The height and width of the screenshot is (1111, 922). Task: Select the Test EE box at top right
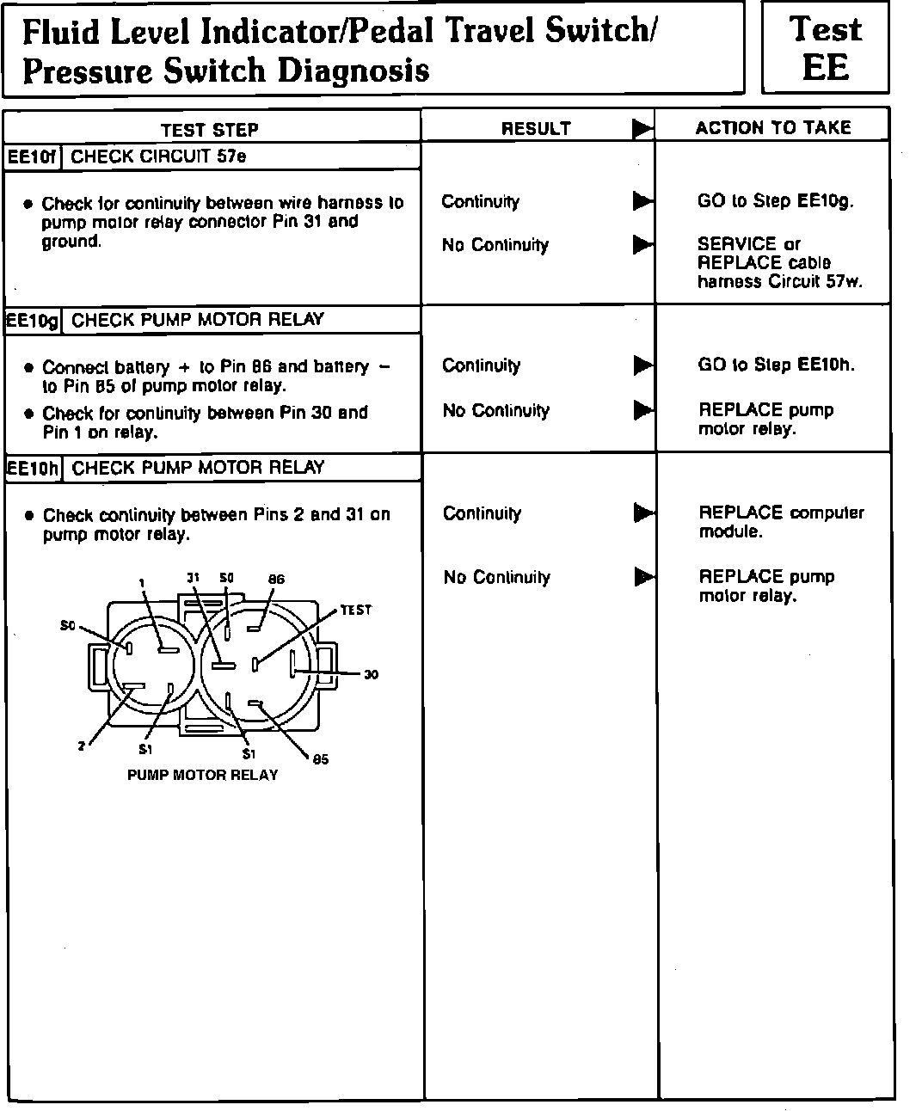pyautogui.click(x=825, y=48)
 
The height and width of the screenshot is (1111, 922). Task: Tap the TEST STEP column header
pyautogui.click(x=209, y=130)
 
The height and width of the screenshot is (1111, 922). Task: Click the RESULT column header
pyautogui.click(x=536, y=129)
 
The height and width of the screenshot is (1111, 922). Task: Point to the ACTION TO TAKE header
pyautogui.click(x=773, y=128)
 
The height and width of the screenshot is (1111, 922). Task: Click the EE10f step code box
pyautogui.click(x=33, y=157)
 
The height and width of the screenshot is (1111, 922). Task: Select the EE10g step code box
pyautogui.click(x=33, y=321)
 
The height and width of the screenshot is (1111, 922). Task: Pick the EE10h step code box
pyautogui.click(x=33, y=469)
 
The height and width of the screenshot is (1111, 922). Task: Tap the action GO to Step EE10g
pyautogui.click(x=776, y=201)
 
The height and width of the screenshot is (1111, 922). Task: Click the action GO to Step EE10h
pyautogui.click(x=777, y=365)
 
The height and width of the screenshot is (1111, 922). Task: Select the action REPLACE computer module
pyautogui.click(x=781, y=522)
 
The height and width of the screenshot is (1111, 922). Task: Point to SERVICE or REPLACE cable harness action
pyautogui.click(x=779, y=262)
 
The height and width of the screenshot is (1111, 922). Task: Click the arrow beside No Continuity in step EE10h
pyautogui.click(x=642, y=577)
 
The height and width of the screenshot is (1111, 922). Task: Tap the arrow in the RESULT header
pyautogui.click(x=642, y=129)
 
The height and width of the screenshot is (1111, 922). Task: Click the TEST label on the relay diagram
pyautogui.click(x=355, y=610)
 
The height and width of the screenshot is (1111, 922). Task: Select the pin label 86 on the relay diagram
pyautogui.click(x=276, y=580)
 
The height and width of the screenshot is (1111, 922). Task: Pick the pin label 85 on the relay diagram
pyautogui.click(x=320, y=759)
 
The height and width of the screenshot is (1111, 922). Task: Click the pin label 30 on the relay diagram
pyautogui.click(x=371, y=674)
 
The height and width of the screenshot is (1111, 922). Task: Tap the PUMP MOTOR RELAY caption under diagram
pyautogui.click(x=203, y=775)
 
